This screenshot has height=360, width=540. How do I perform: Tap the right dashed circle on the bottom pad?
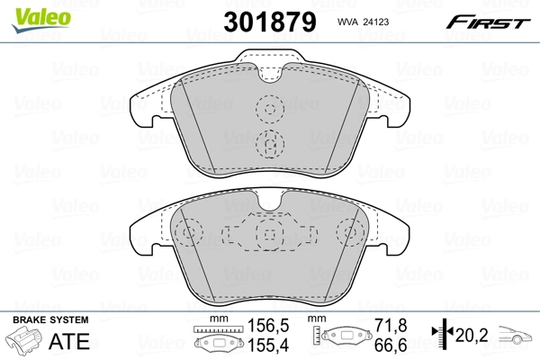pos(350,235)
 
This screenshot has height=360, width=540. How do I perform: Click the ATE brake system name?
pos(69,341)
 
